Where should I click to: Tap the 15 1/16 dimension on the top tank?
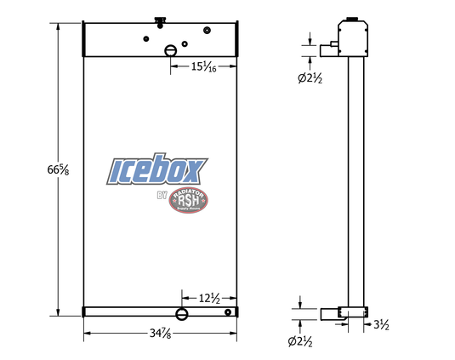tap(202, 66)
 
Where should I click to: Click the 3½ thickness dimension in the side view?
tap(382, 324)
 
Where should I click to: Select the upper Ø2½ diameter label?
tap(310, 79)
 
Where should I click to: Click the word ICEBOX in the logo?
tap(157, 169)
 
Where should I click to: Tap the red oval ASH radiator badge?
tap(188, 201)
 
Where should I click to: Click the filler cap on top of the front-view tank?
tap(159, 20)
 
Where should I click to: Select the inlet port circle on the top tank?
tap(171, 50)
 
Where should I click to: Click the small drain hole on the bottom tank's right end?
tap(228, 312)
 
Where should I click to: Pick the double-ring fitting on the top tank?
tap(208, 31)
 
